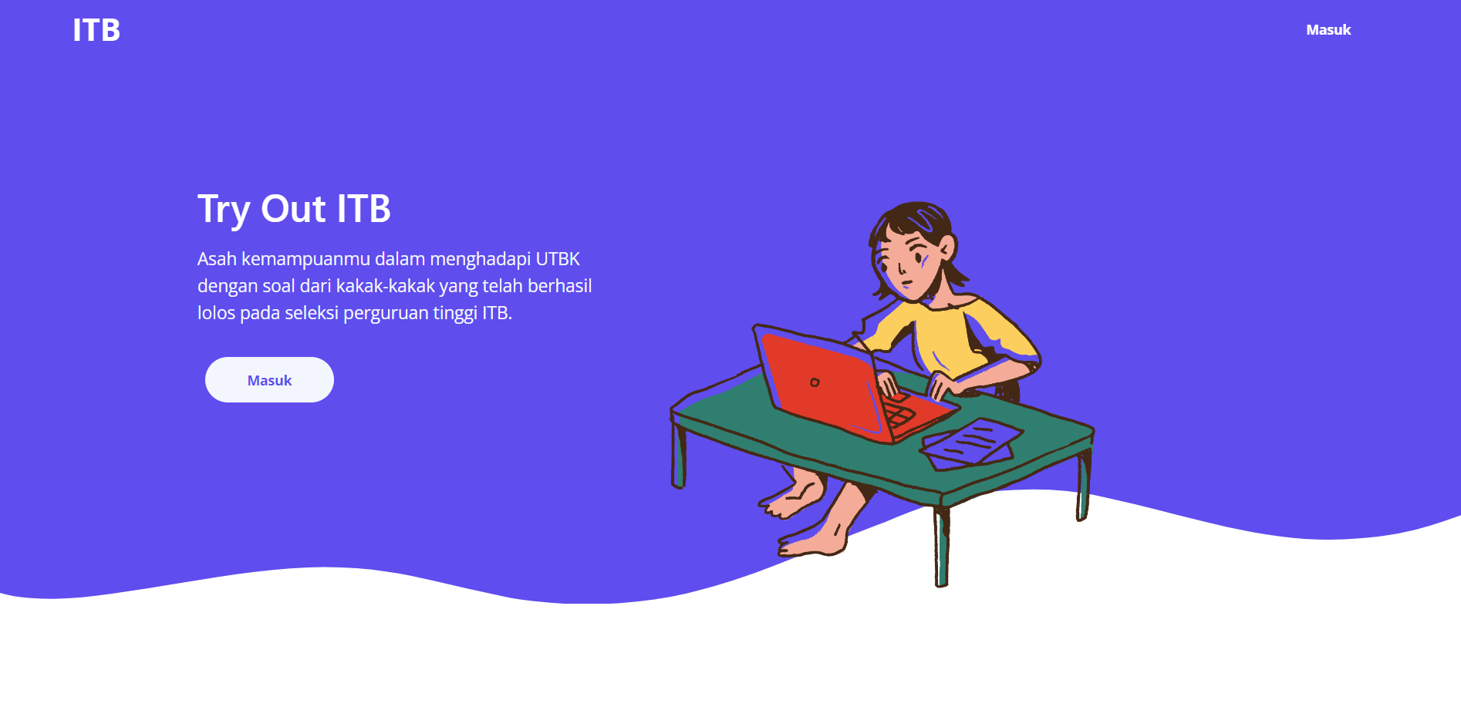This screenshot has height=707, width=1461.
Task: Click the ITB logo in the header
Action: click(96, 30)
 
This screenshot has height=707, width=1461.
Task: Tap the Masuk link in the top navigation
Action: click(1328, 30)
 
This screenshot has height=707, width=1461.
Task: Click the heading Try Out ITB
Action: click(294, 209)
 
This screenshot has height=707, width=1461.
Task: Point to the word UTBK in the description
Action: click(557, 259)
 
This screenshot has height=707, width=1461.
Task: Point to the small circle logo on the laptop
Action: click(815, 382)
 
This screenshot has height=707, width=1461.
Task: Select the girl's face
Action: click(911, 263)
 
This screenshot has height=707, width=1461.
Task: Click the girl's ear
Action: click(946, 247)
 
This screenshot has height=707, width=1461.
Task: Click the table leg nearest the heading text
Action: click(678, 455)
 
